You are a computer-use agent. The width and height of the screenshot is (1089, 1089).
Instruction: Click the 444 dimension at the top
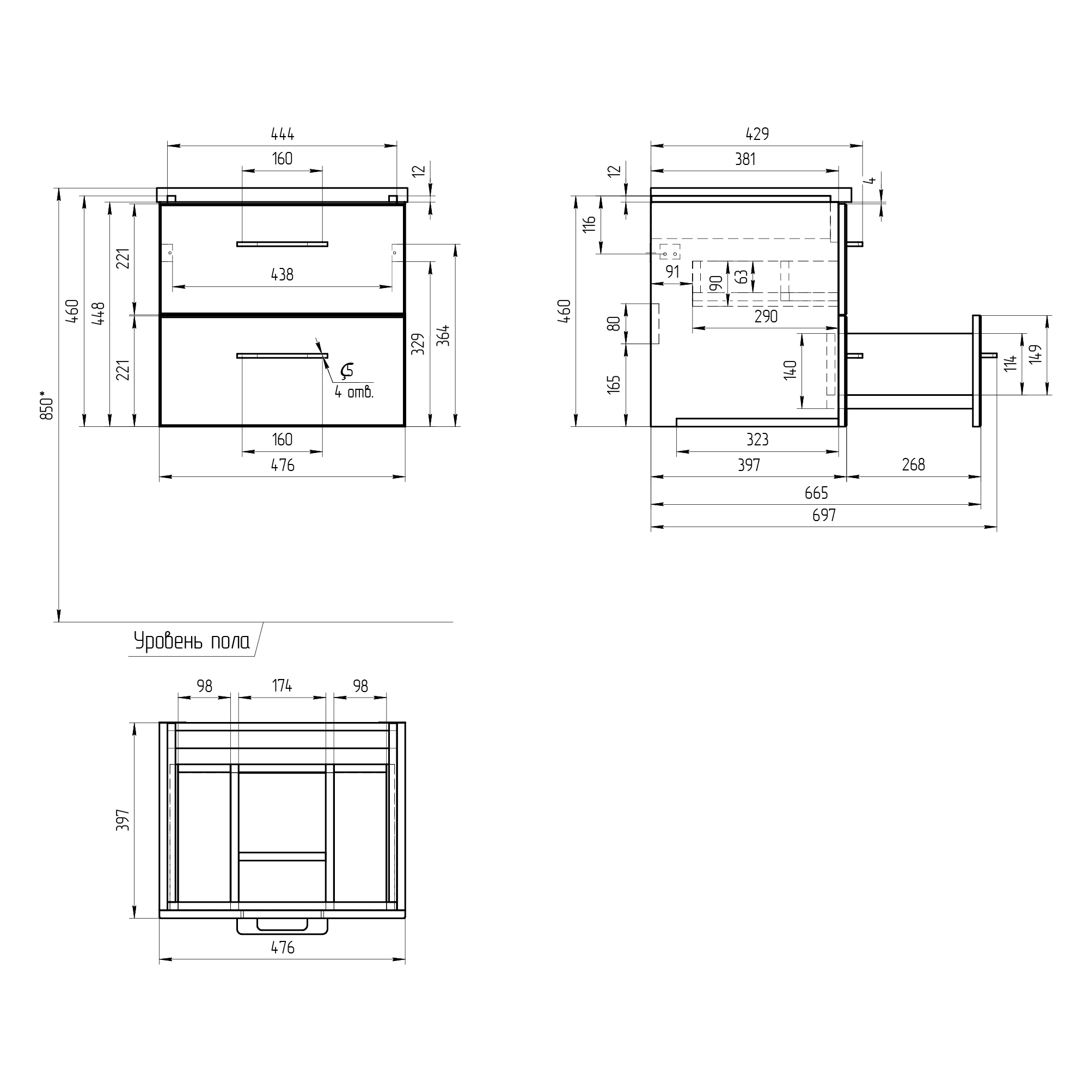pyautogui.click(x=283, y=134)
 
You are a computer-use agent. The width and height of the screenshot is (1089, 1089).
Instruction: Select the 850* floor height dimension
pyautogui.click(x=47, y=405)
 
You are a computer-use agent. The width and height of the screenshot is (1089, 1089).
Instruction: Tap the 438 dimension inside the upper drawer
pyautogui.click(x=283, y=274)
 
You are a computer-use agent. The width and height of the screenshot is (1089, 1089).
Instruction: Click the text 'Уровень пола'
pyautogui.click(x=192, y=641)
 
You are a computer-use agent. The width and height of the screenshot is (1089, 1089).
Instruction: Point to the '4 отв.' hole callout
pyautogui.click(x=354, y=392)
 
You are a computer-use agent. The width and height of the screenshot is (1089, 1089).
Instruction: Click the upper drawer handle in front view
pyautogui.click(x=283, y=244)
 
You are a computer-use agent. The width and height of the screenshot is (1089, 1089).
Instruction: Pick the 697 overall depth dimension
pyautogui.click(x=824, y=515)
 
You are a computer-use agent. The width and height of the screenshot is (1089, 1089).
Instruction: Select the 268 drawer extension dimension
pyautogui.click(x=914, y=464)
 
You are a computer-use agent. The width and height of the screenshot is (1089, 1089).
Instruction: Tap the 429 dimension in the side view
pyautogui.click(x=757, y=134)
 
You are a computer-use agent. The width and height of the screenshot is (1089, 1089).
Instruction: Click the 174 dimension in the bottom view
pyautogui.click(x=283, y=686)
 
